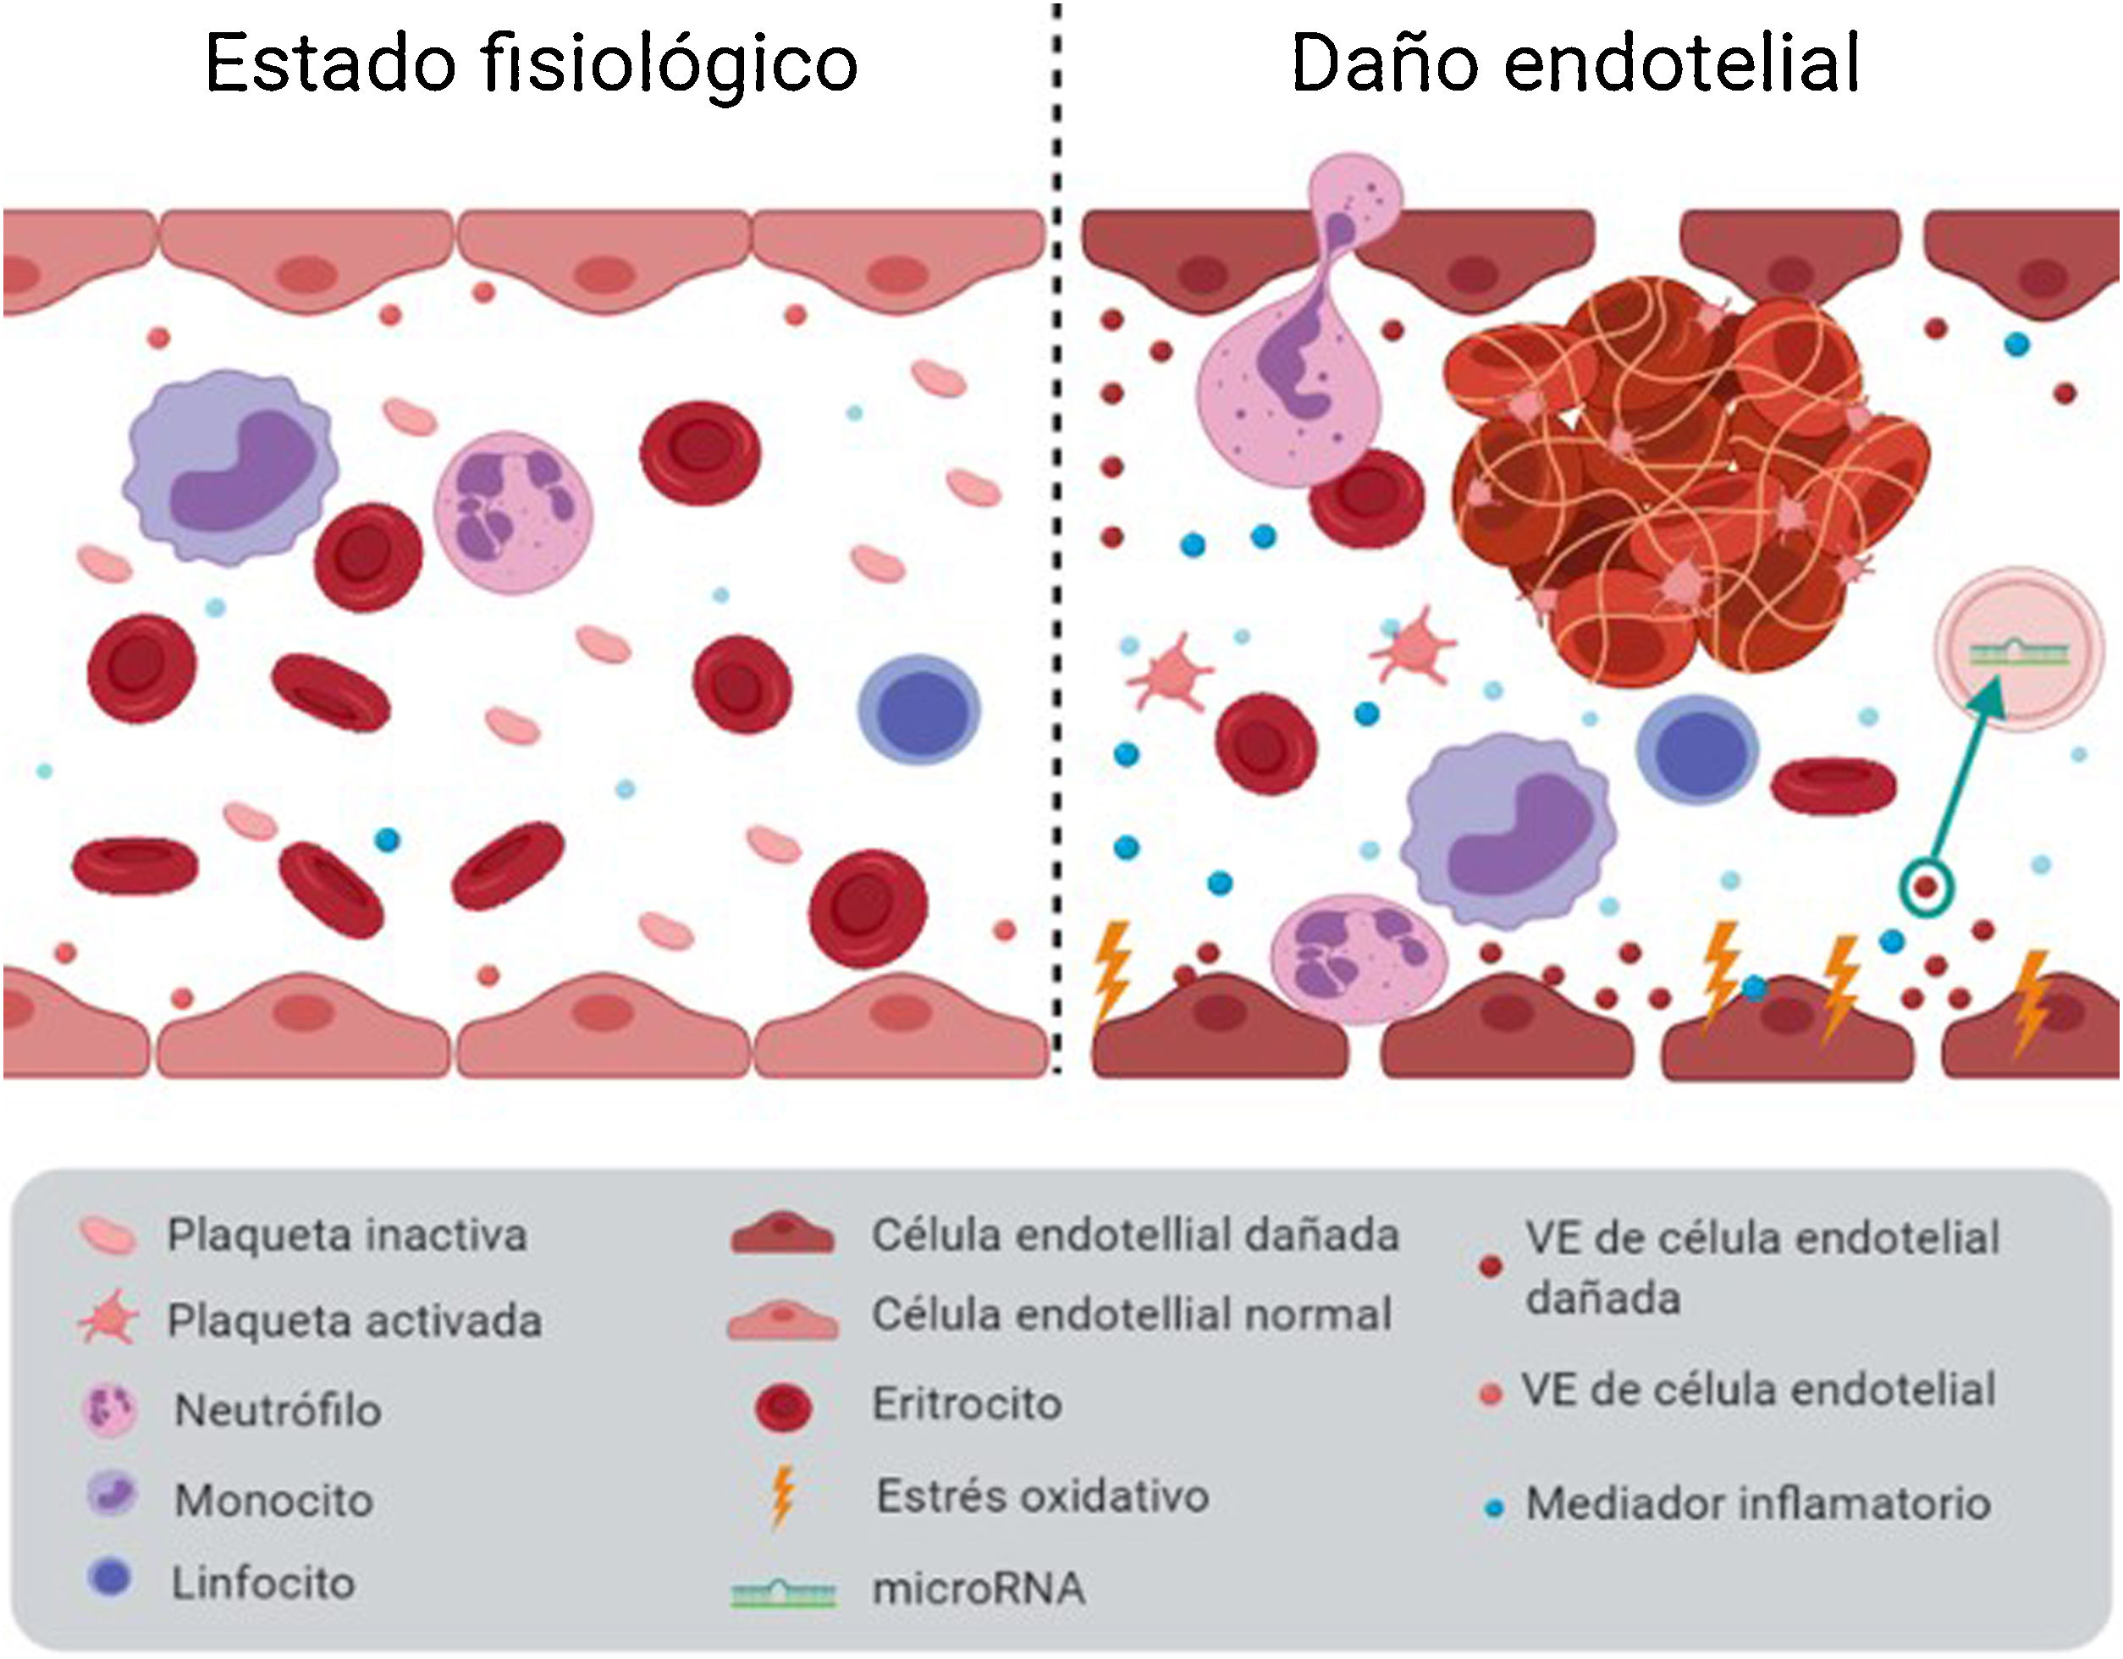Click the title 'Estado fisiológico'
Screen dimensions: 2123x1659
point(531,64)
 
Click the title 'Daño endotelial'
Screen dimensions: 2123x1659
point(1574,64)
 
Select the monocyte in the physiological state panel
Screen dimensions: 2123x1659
point(231,467)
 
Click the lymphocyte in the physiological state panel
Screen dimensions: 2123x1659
point(918,710)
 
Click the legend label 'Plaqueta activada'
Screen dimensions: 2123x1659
point(354,1320)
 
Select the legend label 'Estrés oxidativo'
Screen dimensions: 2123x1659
point(1042,1496)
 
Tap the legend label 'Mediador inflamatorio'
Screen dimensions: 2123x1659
point(1757,1503)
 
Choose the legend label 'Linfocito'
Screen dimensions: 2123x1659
point(263,1583)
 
